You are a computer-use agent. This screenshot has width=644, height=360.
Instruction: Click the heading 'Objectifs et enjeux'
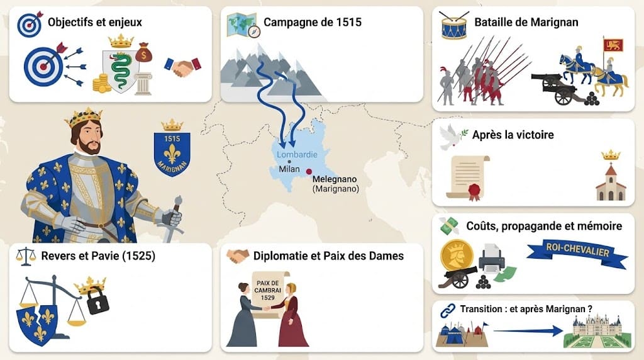pos(95,23)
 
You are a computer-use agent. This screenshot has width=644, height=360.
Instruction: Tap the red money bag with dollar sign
pos(144,53)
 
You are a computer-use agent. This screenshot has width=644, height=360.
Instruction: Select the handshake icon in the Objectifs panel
pos(182,66)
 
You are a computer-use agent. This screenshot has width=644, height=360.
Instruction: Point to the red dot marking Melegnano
pos(309,171)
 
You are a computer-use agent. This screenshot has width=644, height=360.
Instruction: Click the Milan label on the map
pos(289,170)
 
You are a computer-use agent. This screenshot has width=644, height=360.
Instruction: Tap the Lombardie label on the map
pos(297,154)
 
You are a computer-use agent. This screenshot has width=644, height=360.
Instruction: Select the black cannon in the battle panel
pos(555,87)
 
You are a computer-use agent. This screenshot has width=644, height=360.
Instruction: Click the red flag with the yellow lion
pos(613,45)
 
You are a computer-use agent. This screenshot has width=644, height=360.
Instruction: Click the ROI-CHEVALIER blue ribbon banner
pos(577,252)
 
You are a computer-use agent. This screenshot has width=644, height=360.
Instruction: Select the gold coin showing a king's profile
pos(457,256)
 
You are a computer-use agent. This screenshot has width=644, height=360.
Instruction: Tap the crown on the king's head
pos(84,116)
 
